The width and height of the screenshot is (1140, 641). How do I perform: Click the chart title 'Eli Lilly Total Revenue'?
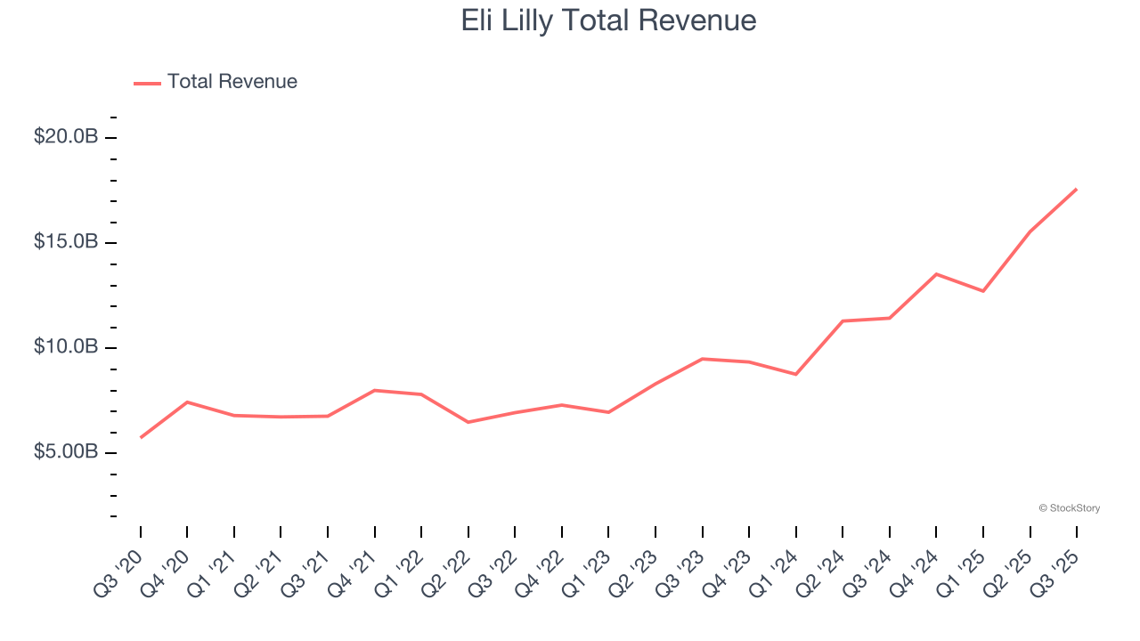(x=608, y=20)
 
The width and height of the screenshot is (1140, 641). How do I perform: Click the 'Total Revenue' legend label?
(x=232, y=82)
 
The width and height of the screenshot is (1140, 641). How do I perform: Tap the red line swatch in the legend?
(x=147, y=83)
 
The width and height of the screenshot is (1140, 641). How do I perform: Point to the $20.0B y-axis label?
(x=66, y=137)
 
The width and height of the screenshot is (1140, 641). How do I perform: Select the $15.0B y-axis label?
(x=66, y=242)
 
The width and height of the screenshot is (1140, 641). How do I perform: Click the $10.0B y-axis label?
(x=66, y=346)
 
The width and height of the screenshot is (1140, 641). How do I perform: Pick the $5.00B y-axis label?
(x=66, y=451)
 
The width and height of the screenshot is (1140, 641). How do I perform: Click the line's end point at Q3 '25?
(x=1077, y=189)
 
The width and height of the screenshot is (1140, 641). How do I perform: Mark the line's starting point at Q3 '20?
(x=141, y=437)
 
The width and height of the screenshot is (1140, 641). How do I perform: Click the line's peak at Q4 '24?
(x=936, y=274)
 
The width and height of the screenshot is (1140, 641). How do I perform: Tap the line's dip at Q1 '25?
(x=983, y=291)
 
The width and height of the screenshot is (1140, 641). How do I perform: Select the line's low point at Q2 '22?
(x=468, y=422)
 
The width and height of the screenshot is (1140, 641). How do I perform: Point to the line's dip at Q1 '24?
(x=795, y=374)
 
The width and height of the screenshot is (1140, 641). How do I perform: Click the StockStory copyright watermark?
(x=1069, y=508)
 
